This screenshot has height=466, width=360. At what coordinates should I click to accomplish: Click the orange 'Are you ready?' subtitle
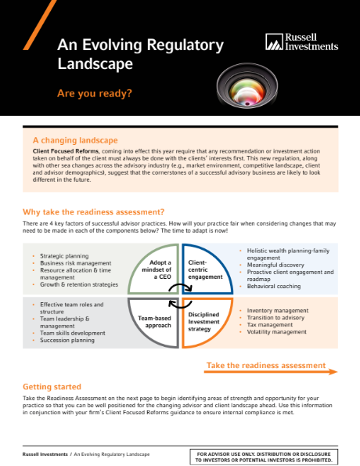click(94, 93)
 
